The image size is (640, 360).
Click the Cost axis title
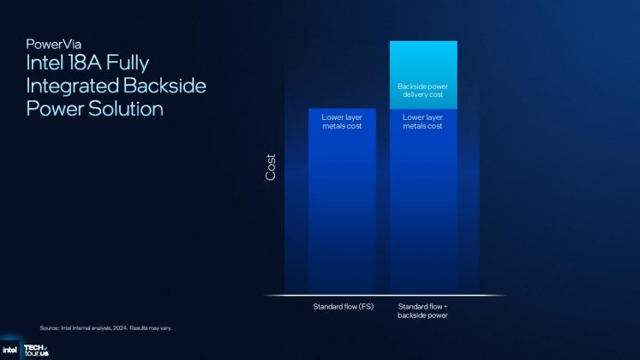click(x=271, y=168)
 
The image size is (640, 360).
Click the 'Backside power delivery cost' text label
click(x=423, y=91)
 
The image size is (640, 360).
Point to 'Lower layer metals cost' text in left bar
click(x=341, y=121)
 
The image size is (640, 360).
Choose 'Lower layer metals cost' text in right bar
click(x=423, y=121)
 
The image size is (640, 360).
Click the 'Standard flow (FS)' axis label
click(x=341, y=305)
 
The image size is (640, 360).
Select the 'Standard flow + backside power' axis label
click(x=423, y=309)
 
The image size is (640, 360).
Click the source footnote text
click(x=111, y=327)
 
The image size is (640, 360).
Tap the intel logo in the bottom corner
click(x=9, y=350)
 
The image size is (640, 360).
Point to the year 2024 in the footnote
click(x=124, y=327)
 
